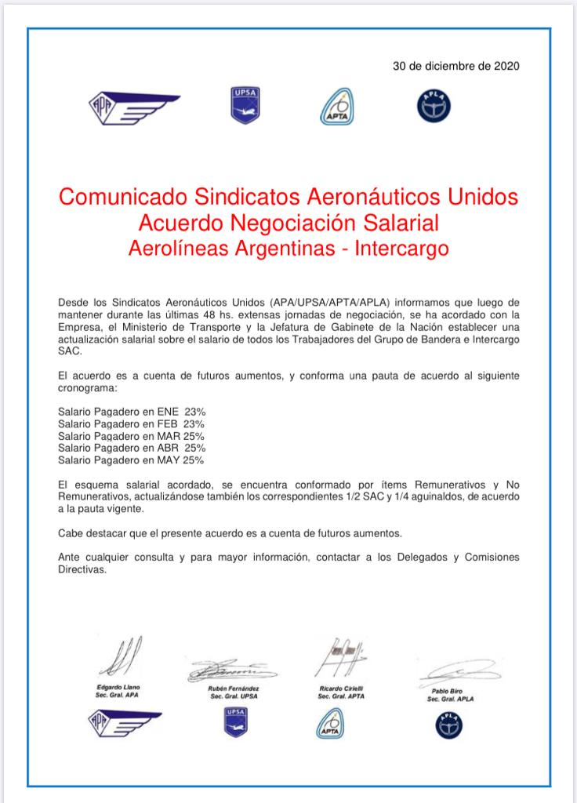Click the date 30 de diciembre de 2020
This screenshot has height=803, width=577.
point(455,66)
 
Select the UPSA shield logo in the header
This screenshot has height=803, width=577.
point(241,106)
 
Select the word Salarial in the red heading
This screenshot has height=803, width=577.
point(396,222)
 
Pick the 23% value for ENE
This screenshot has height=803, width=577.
point(194,410)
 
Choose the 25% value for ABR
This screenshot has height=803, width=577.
point(194,448)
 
